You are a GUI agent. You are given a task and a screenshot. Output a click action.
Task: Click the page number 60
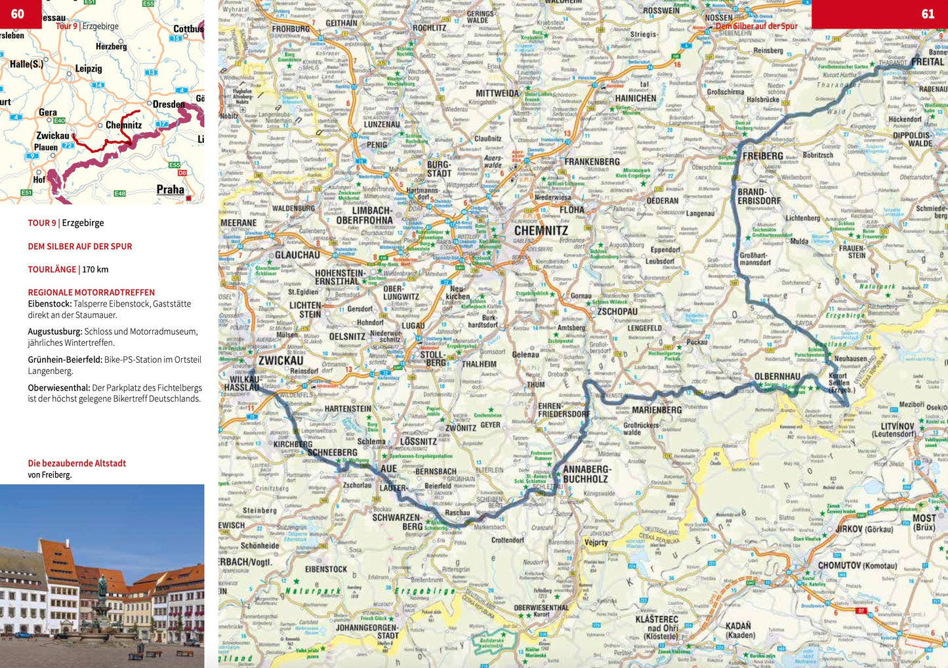click(x=18, y=14)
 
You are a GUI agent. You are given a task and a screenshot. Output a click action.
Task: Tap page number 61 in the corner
click(x=928, y=14)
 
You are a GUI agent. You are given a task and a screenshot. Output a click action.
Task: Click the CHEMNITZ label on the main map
click(x=541, y=230)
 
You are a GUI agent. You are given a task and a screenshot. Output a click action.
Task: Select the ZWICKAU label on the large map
click(x=280, y=360)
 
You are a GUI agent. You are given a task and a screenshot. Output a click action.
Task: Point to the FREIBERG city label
click(x=762, y=156)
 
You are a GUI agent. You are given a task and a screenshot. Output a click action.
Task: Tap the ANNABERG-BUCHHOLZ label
click(x=587, y=474)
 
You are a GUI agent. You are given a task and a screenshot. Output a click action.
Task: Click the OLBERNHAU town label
click(x=777, y=377)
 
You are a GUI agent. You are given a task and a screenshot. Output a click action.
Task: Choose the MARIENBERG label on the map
click(x=656, y=410)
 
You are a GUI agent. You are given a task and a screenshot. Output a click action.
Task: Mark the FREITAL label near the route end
click(x=927, y=62)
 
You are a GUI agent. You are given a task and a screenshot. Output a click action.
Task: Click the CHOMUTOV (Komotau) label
click(x=857, y=565)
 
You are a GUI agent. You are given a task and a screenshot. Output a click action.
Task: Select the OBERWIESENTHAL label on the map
click(x=541, y=608)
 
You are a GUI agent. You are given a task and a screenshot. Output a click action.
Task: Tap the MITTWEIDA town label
click(x=497, y=93)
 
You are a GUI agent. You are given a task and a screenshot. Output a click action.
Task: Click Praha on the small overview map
click(x=170, y=190)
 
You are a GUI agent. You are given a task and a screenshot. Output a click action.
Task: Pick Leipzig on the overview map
click(x=89, y=68)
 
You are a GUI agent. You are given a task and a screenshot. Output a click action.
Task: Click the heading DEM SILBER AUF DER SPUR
click(x=80, y=246)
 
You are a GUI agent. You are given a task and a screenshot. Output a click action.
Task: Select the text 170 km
click(x=95, y=269)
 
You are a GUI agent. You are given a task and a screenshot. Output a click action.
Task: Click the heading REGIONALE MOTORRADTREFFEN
click(x=91, y=293)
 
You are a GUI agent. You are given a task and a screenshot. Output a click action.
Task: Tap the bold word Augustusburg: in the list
click(x=54, y=331)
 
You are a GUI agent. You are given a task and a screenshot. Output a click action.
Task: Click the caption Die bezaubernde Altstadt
click(x=77, y=463)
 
